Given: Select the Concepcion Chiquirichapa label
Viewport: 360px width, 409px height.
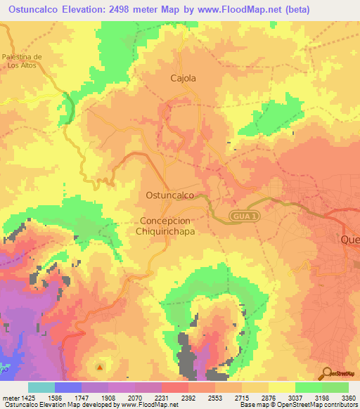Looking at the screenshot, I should [x=166, y=225].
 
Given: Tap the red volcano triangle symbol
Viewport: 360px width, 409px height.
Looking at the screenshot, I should [x=100, y=366].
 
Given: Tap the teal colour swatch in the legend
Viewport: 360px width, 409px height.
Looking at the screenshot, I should [x=41, y=387].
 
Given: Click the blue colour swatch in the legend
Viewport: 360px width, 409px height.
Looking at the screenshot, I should [x=68, y=387].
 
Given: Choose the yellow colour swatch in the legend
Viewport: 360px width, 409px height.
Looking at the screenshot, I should [x=282, y=387].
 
